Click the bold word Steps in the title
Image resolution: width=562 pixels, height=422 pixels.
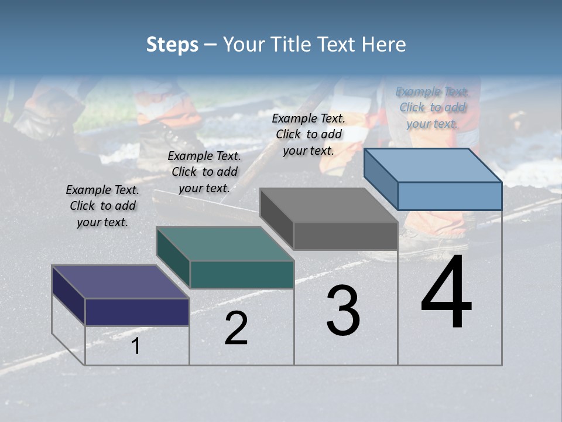click(x=172, y=45)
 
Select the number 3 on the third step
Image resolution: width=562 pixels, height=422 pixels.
click(x=343, y=311)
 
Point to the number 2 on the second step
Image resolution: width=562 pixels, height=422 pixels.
click(x=236, y=328)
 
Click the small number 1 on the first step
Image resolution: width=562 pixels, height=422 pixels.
click(x=135, y=346)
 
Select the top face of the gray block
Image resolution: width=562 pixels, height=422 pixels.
click(x=329, y=205)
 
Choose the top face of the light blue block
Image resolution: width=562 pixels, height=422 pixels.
click(x=433, y=165)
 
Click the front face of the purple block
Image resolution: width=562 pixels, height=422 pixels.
click(x=137, y=312)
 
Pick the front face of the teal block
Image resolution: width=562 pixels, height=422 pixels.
click(x=242, y=274)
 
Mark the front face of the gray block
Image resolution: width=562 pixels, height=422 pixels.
click(x=345, y=236)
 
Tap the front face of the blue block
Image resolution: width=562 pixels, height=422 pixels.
click(x=450, y=196)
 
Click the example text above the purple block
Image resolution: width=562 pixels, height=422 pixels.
click(x=102, y=206)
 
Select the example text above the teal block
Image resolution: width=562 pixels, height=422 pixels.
click(x=204, y=172)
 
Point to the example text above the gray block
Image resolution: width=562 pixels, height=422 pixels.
click(x=309, y=134)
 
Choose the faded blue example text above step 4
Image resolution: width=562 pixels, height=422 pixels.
click(x=432, y=107)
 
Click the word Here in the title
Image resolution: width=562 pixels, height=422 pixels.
click(x=384, y=45)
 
